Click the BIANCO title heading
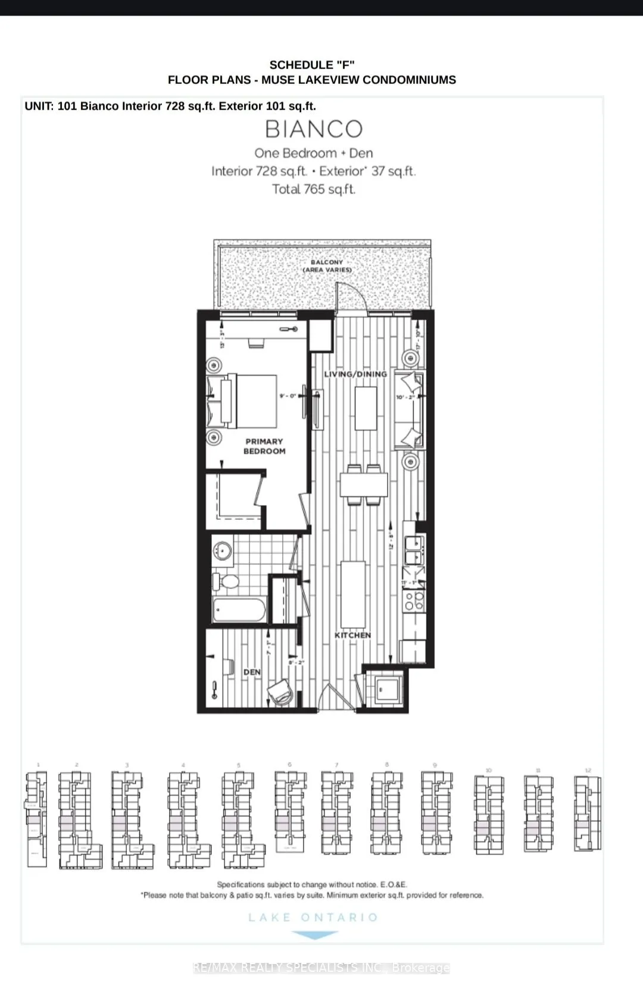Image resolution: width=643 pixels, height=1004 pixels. [x=314, y=129]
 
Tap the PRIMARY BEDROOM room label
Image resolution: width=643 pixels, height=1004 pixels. [x=264, y=446]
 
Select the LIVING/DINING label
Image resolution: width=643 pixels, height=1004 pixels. [x=355, y=374]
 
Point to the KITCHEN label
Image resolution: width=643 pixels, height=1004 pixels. [x=352, y=635]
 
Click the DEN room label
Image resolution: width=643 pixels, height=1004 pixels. [x=252, y=672]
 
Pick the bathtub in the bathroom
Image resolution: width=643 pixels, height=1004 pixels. [x=239, y=610]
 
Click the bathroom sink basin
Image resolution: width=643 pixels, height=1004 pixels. [x=223, y=550]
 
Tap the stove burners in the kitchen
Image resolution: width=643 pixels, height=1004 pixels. [x=414, y=601]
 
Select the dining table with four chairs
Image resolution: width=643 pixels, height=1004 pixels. [x=364, y=485]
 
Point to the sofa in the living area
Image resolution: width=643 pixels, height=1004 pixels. [x=410, y=410]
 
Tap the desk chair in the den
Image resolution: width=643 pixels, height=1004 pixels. [x=280, y=692]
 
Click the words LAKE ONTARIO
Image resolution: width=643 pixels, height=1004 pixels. [x=313, y=918]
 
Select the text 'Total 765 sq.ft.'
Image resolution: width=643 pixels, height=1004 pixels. [x=314, y=189]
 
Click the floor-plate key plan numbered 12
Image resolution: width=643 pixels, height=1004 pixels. [x=588, y=813]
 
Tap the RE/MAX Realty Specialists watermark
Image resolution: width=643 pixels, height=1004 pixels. [x=321, y=968]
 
